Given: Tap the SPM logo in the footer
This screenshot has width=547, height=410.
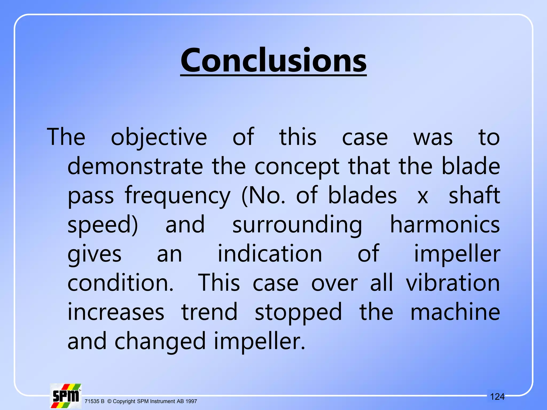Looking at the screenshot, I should (66, 396).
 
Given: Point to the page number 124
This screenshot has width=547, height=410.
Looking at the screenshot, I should (497, 397).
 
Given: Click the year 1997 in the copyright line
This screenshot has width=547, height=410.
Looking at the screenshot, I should (191, 401).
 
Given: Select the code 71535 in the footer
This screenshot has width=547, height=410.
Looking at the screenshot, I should (92, 401).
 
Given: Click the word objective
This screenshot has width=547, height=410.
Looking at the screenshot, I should (159, 137).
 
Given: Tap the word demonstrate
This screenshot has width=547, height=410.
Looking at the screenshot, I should (135, 166).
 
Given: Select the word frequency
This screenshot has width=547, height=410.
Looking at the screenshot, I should (177, 196).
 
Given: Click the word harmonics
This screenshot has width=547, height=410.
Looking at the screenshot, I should (445, 225).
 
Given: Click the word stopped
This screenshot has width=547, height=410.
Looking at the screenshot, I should (298, 313).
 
